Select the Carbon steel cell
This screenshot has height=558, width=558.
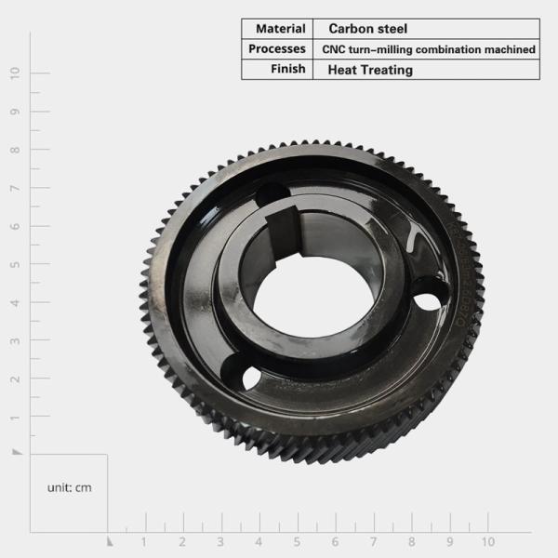point(367,29)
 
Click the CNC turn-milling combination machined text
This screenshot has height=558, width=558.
point(429,49)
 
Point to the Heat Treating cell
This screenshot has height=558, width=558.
point(370,70)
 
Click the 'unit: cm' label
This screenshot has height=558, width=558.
point(70,487)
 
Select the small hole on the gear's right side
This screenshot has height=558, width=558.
point(425,302)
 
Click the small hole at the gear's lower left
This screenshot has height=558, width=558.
point(251,378)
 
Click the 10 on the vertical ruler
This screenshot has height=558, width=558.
point(15,73)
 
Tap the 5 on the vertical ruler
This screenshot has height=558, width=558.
point(15,264)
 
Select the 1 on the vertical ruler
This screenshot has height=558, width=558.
point(15,417)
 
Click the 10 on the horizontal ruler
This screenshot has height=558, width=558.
point(487,541)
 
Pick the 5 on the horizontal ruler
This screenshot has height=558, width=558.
point(297,541)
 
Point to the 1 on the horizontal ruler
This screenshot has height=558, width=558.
point(144,541)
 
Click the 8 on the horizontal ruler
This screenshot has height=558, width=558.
point(411,541)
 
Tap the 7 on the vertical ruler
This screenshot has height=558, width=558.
point(15,188)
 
